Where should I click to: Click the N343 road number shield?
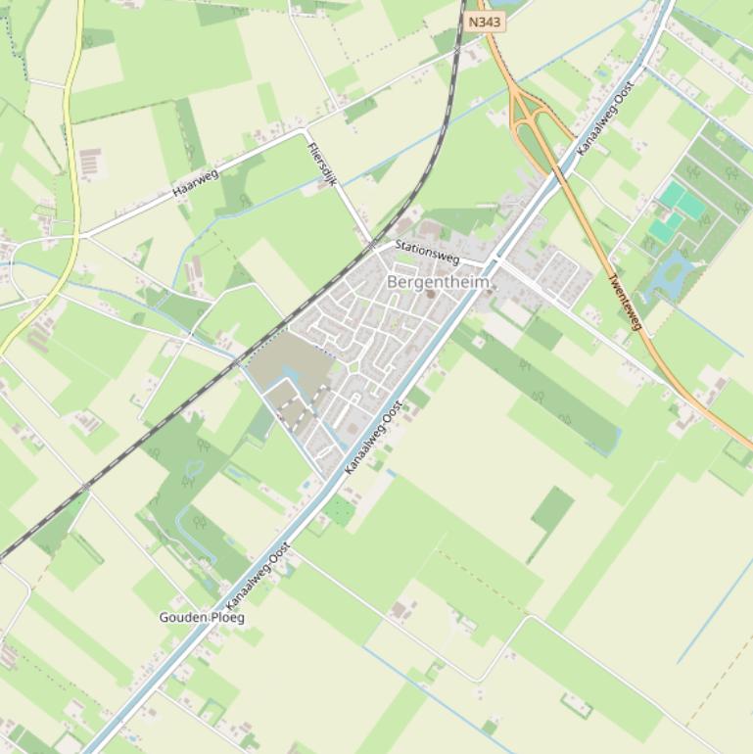(484, 22)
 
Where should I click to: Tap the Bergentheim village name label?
(438, 282)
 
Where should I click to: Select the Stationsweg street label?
(427, 251)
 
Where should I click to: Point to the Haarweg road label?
(196, 181)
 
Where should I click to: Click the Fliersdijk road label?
(322, 163)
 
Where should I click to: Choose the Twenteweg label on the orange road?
(624, 302)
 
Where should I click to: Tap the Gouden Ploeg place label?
(202, 618)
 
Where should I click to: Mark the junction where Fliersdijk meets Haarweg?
(306, 129)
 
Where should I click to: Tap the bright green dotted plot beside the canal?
(339, 509)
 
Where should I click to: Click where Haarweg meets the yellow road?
(78, 236)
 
